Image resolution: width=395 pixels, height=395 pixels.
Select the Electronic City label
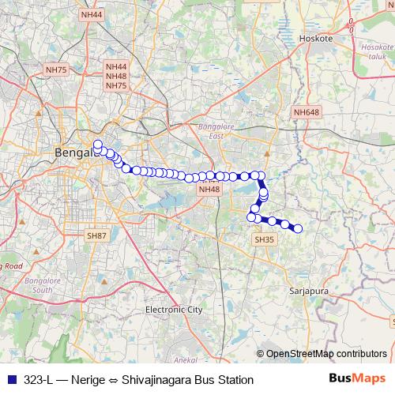point(174,310)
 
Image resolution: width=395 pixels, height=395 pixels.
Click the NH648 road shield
point(307,113)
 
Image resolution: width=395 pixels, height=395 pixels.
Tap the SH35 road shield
point(264,239)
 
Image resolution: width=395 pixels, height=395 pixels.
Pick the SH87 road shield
point(97,235)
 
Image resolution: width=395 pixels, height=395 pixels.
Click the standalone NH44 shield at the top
point(92,15)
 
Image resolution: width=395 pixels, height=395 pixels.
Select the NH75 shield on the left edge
point(56,70)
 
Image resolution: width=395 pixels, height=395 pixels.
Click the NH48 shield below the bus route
point(209,190)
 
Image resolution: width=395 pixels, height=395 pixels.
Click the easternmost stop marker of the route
point(298,229)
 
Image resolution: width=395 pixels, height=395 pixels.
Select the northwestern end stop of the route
point(98,145)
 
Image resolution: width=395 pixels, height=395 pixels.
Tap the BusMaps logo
point(357,379)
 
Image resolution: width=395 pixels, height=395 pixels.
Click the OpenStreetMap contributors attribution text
point(325,354)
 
